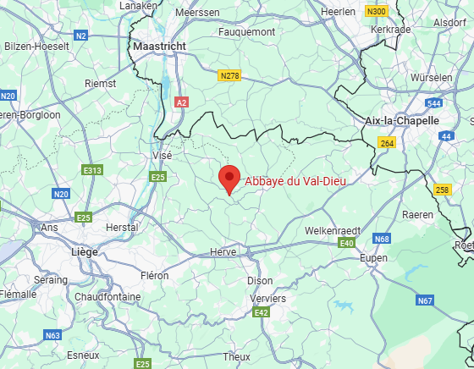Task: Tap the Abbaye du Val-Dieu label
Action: pos(295,179)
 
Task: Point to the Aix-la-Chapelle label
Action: pos(398,120)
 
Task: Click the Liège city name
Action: pos(85,251)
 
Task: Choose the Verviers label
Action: pos(268,298)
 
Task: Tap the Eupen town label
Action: pos(373,257)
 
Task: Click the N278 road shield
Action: pos(229,75)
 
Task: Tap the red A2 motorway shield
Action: pos(180,102)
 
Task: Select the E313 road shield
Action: pos(92,171)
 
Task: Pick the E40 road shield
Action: pos(345,244)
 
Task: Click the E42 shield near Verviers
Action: pos(262,314)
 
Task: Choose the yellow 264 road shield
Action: pos(387,144)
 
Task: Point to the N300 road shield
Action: pos(377,11)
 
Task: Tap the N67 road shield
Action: pos(424,300)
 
